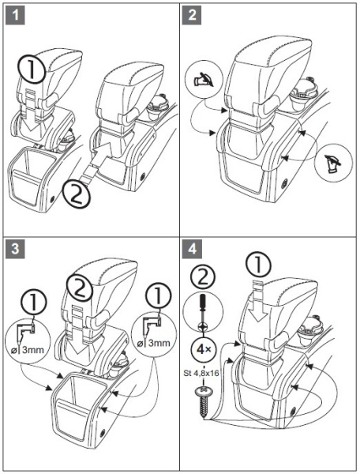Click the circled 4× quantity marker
pyautogui.click(x=204, y=348)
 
